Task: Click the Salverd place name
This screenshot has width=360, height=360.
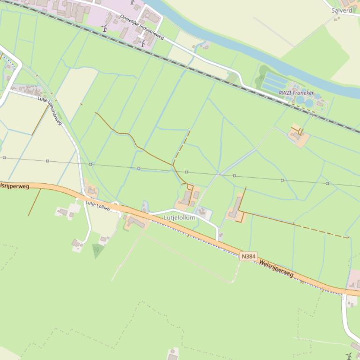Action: (x=342, y=10)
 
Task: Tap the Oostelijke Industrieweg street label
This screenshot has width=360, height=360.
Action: (x=142, y=27)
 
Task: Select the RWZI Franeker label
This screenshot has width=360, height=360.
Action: (x=296, y=93)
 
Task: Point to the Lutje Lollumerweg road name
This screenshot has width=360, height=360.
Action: (x=50, y=111)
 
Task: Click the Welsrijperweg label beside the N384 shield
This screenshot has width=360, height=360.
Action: (x=276, y=268)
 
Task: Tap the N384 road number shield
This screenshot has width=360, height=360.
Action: (x=248, y=256)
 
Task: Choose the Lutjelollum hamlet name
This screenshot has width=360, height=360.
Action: (x=179, y=218)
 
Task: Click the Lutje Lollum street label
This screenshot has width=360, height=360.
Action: (x=97, y=206)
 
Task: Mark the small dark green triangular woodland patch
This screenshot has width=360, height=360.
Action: (x=97, y=250)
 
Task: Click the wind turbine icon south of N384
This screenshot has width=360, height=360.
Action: (x=349, y=356)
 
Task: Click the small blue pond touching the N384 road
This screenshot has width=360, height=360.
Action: (x=145, y=206)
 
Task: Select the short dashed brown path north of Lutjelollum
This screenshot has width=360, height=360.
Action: (x=182, y=146)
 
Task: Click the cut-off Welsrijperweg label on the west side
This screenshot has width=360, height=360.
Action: (x=14, y=186)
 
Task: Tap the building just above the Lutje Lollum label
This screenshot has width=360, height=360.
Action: (x=91, y=191)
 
